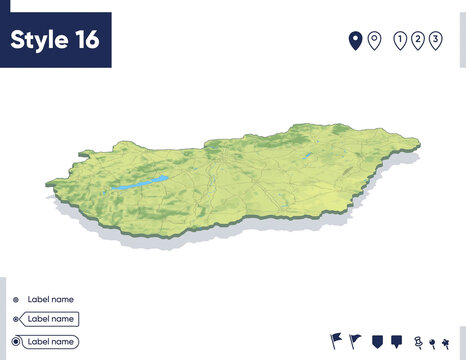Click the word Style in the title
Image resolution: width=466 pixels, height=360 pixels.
pos(38,40)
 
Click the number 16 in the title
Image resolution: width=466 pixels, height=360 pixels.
pos(85,40)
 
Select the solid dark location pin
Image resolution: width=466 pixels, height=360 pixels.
pos(354,40)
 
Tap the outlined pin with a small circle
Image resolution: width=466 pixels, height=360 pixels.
pos(374,40)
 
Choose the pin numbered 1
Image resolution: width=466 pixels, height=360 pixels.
pos(401,40)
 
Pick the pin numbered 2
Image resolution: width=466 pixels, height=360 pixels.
pos(419,40)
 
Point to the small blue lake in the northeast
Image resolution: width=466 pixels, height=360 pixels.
pos(306,158)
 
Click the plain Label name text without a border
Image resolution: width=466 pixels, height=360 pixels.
pos(50,299)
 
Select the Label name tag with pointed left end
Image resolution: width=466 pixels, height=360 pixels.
pos(51,319)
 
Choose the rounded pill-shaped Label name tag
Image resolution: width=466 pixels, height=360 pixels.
pos(51,341)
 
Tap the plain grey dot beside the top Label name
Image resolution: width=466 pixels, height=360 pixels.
pos(16,299)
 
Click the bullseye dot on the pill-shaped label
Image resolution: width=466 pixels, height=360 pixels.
pos(16,342)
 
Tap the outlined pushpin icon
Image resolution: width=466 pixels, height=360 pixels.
pos(417,342)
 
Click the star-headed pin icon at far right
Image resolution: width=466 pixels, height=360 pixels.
pos(445,342)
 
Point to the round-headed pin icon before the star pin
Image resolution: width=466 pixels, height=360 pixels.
pos(431,342)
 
